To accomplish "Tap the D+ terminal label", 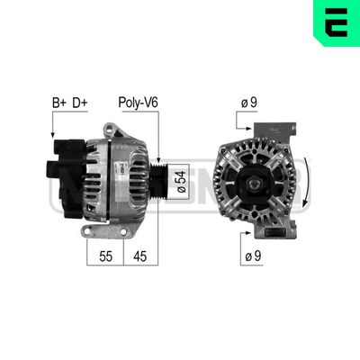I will pyautogui.click(x=82, y=104).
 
